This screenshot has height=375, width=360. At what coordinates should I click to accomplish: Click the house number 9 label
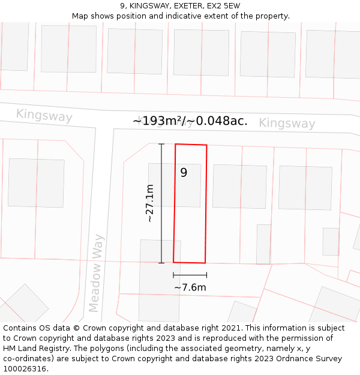(x=184, y=173)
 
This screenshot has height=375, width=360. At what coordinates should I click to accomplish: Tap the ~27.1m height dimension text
(x=151, y=203)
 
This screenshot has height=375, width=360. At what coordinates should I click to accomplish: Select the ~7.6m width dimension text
(x=190, y=287)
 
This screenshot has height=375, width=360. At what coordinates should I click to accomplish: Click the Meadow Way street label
(x=96, y=273)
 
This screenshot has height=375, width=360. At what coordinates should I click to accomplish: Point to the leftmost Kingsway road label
(x=44, y=115)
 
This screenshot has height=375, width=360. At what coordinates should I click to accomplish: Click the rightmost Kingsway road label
(x=287, y=124)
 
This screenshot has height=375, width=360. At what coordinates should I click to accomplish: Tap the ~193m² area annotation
(x=190, y=121)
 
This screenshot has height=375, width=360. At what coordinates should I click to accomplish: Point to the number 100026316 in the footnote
(x=26, y=368)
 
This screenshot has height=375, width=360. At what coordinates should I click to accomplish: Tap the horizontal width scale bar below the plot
(x=190, y=275)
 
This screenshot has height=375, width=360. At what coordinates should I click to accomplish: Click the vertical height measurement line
(x=161, y=203)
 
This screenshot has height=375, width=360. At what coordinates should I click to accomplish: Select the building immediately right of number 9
(x=239, y=186)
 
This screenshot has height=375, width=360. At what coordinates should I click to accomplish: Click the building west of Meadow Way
(x=36, y=183)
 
